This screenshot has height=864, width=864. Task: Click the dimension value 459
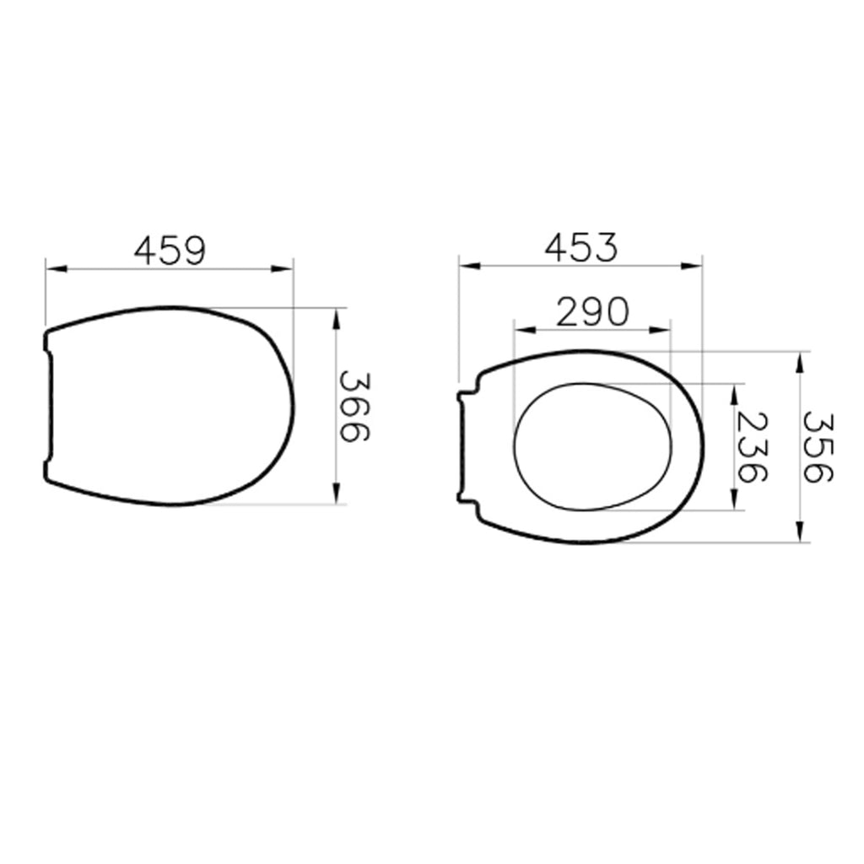click(170, 250)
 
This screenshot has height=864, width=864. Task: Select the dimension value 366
click(354, 407)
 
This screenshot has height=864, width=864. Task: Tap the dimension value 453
click(580, 247)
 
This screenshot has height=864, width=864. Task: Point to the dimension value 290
click(592, 311)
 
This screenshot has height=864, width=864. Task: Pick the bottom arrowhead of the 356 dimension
click(799, 532)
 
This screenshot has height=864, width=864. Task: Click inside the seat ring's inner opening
click(592, 447)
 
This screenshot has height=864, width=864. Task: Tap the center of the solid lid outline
click(169, 407)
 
